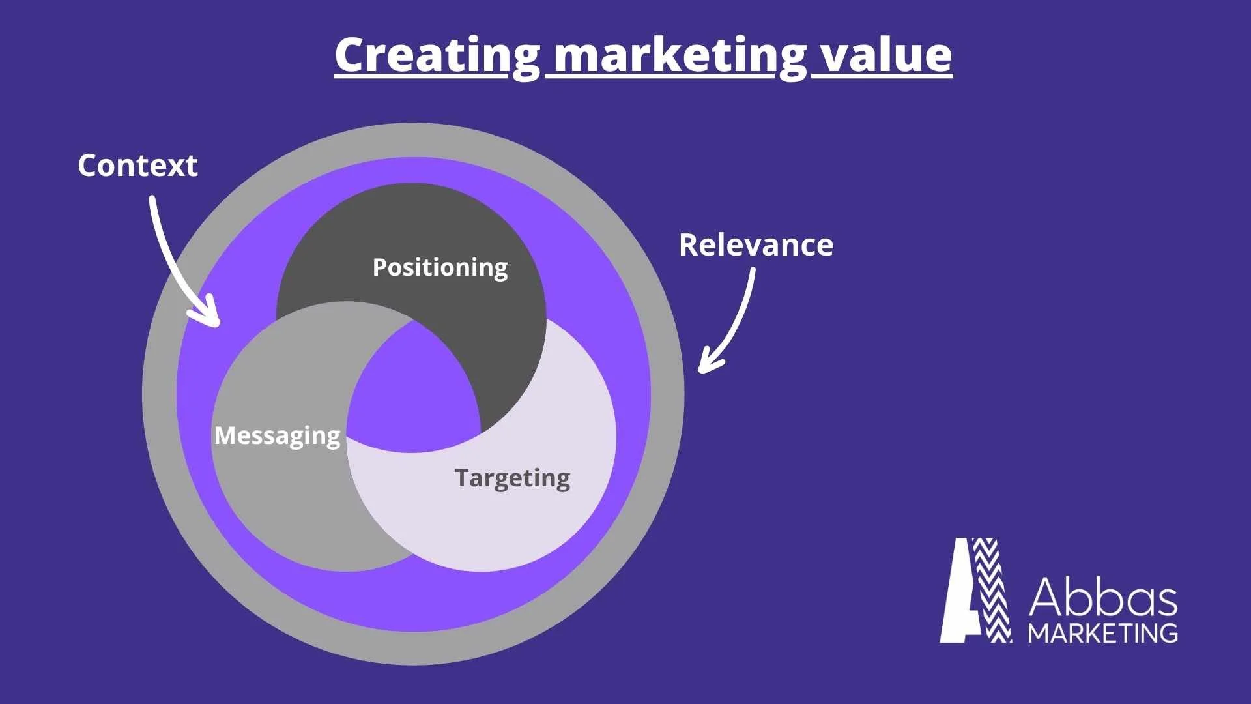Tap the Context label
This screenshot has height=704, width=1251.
click(x=137, y=166)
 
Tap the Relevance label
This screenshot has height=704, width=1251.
click(x=756, y=245)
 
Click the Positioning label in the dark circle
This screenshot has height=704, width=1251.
click(x=440, y=267)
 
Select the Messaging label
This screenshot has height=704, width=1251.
click(x=278, y=435)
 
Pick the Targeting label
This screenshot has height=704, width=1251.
click(x=512, y=478)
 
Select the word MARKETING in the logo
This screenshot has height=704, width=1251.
click(x=1103, y=634)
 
